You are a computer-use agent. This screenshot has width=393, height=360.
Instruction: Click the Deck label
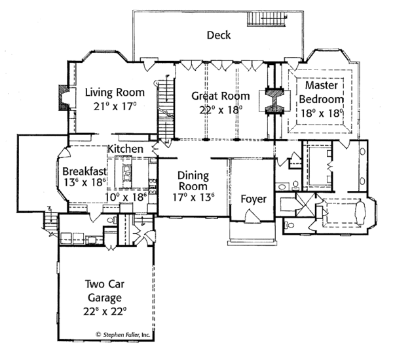[x=218, y=35]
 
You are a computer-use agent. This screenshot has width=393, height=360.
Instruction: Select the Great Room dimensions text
[x=221, y=110]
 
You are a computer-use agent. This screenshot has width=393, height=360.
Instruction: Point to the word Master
[x=321, y=86]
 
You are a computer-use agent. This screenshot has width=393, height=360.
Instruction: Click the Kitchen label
[x=126, y=150]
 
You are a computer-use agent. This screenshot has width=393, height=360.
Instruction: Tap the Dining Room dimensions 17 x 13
[x=193, y=196]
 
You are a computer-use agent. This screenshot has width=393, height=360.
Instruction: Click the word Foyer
[x=253, y=199]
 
